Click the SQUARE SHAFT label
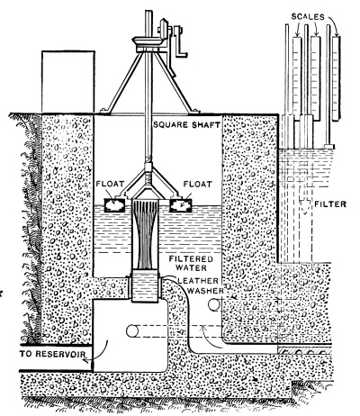tap(187, 124)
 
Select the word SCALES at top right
tap(308, 17)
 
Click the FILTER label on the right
tap(330, 204)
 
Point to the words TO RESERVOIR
tap(52, 354)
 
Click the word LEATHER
tap(198, 281)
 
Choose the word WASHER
tap(205, 291)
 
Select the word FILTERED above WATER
tap(191, 258)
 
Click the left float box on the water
tap(114, 205)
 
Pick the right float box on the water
tap(180, 205)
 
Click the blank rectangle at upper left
tap(68, 82)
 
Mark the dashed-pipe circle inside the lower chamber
tap(132, 331)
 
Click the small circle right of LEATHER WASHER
tap(214, 304)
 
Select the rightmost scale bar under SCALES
tap(337, 77)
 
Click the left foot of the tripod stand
tap(105, 111)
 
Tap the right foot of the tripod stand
tap(193, 111)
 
